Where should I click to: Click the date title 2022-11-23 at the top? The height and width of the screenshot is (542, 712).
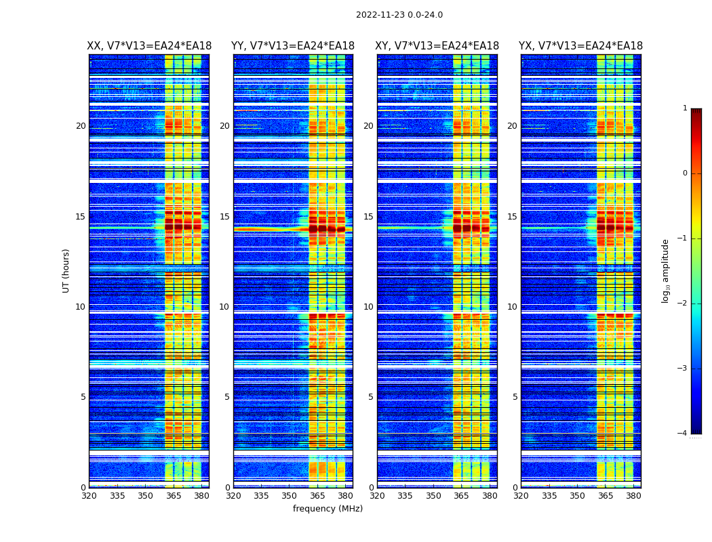399,15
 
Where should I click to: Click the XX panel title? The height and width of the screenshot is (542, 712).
149,46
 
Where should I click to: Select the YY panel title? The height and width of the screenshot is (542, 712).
293,46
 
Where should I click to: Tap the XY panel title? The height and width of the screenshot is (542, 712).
437,46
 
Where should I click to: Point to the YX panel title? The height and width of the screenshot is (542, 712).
580,46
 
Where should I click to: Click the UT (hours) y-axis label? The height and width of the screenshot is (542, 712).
66,270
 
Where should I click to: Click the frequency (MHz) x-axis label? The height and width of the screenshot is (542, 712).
328,509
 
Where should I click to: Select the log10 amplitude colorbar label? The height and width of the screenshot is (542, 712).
666,270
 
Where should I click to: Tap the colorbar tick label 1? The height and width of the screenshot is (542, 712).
684,108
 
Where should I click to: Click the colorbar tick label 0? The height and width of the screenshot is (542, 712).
684,173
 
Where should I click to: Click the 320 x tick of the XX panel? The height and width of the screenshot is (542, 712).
89,496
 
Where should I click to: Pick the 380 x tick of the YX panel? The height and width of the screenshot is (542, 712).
633,496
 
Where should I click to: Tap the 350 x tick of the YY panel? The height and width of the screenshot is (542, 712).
290,496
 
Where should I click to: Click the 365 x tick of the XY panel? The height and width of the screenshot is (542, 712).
461,496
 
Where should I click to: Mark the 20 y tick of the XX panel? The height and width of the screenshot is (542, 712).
81,126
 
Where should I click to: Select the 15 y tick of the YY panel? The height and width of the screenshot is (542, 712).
224,217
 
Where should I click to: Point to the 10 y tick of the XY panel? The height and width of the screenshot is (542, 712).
368,307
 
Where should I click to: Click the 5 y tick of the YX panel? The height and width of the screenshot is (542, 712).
515,397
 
